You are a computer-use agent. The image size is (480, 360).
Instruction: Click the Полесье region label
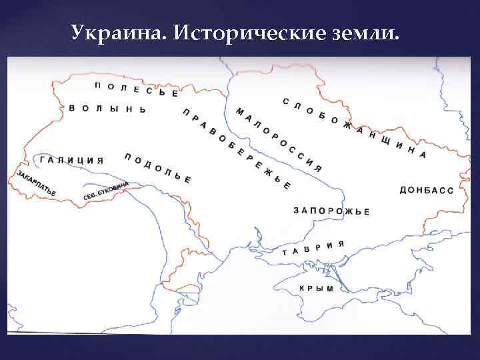click(x=136, y=89)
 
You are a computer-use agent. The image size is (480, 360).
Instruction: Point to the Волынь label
click(x=107, y=109)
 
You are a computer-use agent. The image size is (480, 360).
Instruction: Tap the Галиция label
click(x=71, y=160)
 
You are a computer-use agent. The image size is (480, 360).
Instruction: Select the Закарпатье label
click(x=37, y=183)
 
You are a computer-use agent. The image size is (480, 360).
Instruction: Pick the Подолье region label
click(x=157, y=167)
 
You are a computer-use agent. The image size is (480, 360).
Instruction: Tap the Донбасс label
click(x=426, y=190)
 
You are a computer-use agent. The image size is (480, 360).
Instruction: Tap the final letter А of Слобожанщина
click(x=422, y=153)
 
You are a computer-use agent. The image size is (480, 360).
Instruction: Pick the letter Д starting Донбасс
click(x=403, y=190)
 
